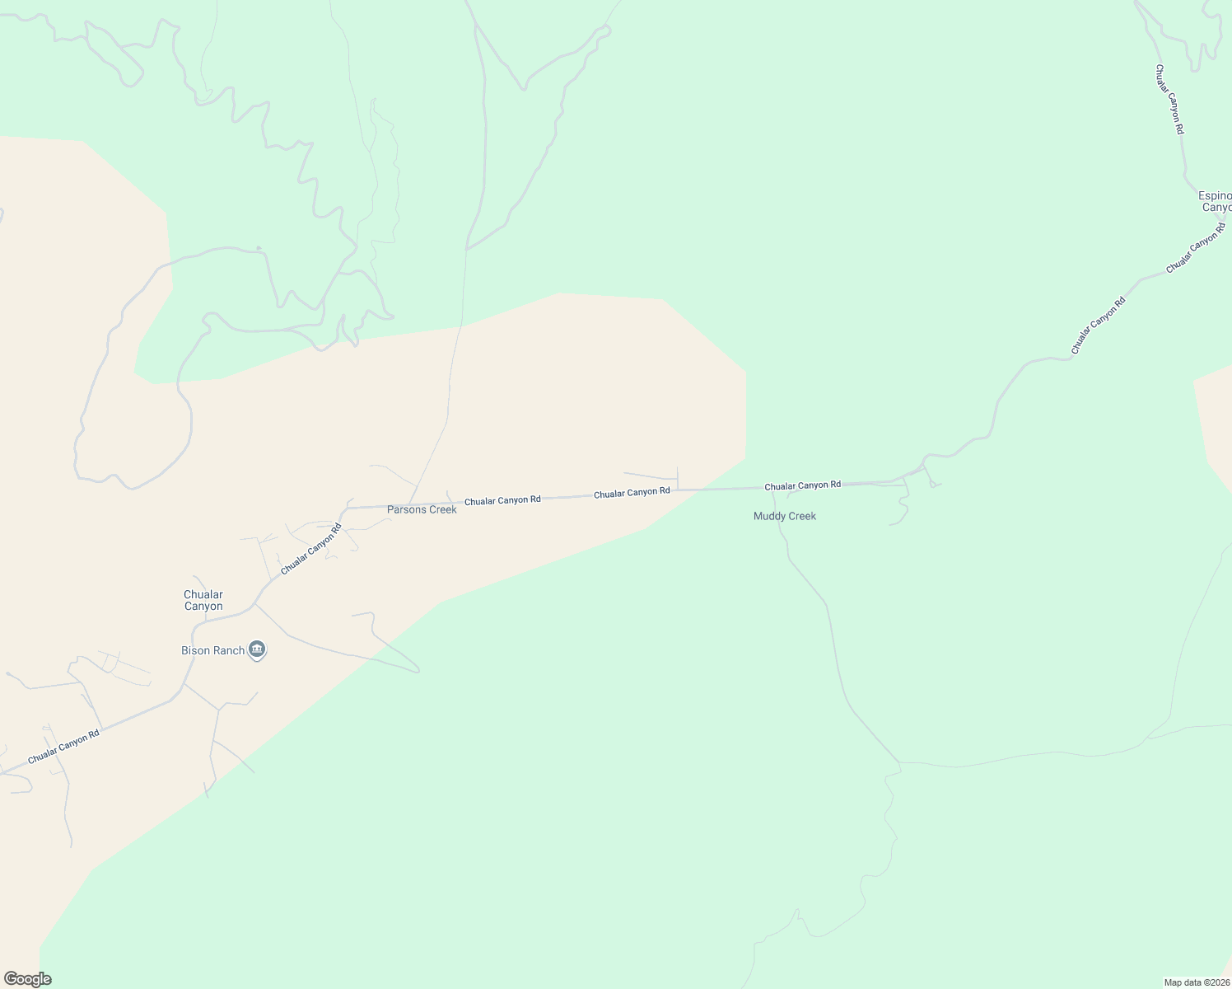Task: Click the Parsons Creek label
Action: coord(422,510)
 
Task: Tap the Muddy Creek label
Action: coord(784,517)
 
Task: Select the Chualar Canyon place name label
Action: coord(203,601)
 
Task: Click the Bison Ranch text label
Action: coord(212,651)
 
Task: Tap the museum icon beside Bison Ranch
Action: coord(257,651)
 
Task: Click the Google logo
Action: coord(27,979)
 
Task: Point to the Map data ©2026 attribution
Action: coord(1196,982)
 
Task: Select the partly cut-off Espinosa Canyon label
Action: coord(1215,202)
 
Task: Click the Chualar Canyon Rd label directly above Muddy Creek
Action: coord(802,485)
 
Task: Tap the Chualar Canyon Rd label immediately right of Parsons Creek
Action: coord(502,500)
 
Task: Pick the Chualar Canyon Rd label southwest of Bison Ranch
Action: coord(63,747)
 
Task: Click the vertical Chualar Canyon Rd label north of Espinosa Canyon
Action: coord(1169,100)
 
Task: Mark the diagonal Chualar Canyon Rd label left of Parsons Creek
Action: coord(310,549)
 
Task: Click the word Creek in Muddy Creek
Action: coord(800,517)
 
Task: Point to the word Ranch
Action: coord(229,651)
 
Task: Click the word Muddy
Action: coord(768,517)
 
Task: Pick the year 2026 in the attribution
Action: coord(1217,982)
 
